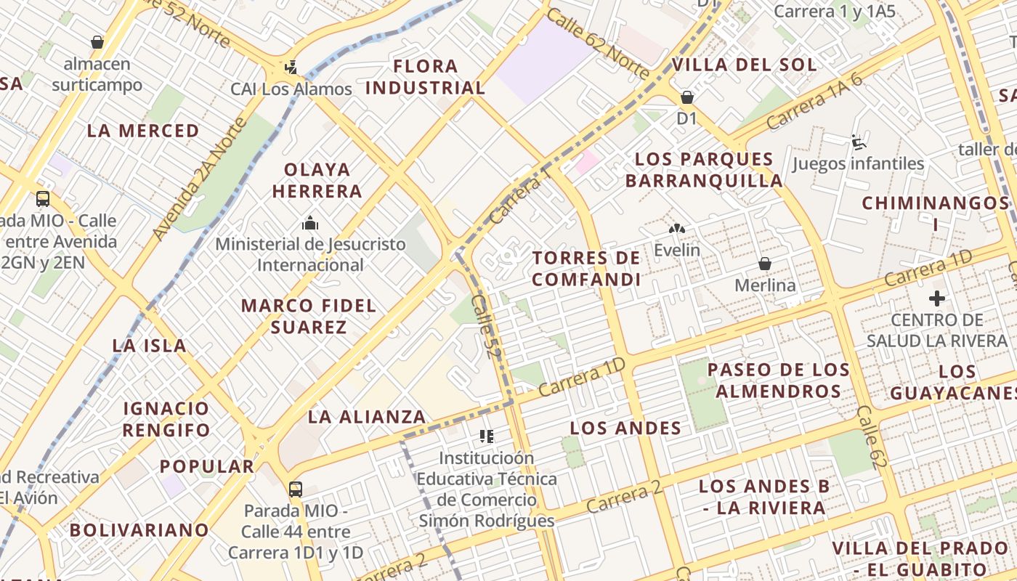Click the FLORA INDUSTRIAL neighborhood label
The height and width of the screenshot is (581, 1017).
[x=425, y=77]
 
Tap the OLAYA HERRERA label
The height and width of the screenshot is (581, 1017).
[x=317, y=180]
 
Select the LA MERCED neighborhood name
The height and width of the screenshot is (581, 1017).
[x=143, y=131]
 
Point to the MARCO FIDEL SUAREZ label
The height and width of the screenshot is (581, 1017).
[x=309, y=316]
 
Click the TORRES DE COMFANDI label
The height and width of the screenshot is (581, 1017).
[x=586, y=269]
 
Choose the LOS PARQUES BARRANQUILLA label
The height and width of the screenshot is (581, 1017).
[x=703, y=169]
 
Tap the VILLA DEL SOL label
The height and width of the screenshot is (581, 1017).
[x=744, y=65]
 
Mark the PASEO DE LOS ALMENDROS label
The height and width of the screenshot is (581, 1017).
[x=779, y=380]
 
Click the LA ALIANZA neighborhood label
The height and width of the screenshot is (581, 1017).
[x=367, y=417]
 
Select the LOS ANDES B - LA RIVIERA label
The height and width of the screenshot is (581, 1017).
[x=765, y=497]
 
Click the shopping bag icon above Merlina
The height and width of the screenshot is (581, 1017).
[x=764, y=263]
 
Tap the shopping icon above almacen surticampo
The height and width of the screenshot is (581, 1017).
[x=97, y=42]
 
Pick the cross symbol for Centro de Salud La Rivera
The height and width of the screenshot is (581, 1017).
[x=937, y=298]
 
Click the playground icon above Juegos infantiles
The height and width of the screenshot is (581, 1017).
[x=859, y=142]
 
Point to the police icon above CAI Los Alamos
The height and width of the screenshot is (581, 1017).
[x=291, y=68]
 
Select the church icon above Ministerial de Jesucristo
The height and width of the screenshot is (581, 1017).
[x=310, y=222]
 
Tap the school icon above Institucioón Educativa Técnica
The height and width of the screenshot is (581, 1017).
[x=487, y=436]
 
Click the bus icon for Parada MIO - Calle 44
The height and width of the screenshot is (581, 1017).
[x=296, y=489]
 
